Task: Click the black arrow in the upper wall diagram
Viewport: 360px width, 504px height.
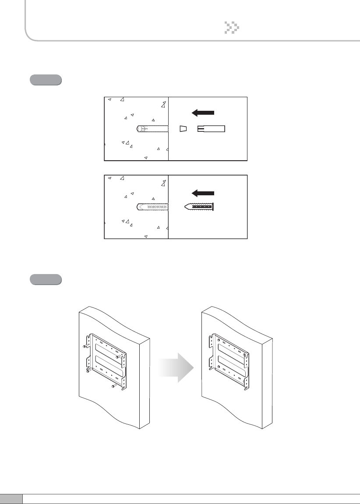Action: point(203,113)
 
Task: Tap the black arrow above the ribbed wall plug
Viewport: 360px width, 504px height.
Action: point(203,193)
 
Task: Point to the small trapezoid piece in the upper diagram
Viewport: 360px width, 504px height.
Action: point(184,129)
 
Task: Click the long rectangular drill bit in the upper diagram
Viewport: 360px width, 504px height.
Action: point(211,128)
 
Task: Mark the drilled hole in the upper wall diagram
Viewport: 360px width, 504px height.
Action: point(152,129)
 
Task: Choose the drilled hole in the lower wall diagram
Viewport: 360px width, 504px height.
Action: point(152,207)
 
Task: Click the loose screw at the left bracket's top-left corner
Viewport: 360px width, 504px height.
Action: point(85,346)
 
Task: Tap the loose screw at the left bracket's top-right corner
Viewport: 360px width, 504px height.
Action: point(118,357)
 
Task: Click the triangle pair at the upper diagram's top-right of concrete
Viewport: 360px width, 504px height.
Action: point(163,104)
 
